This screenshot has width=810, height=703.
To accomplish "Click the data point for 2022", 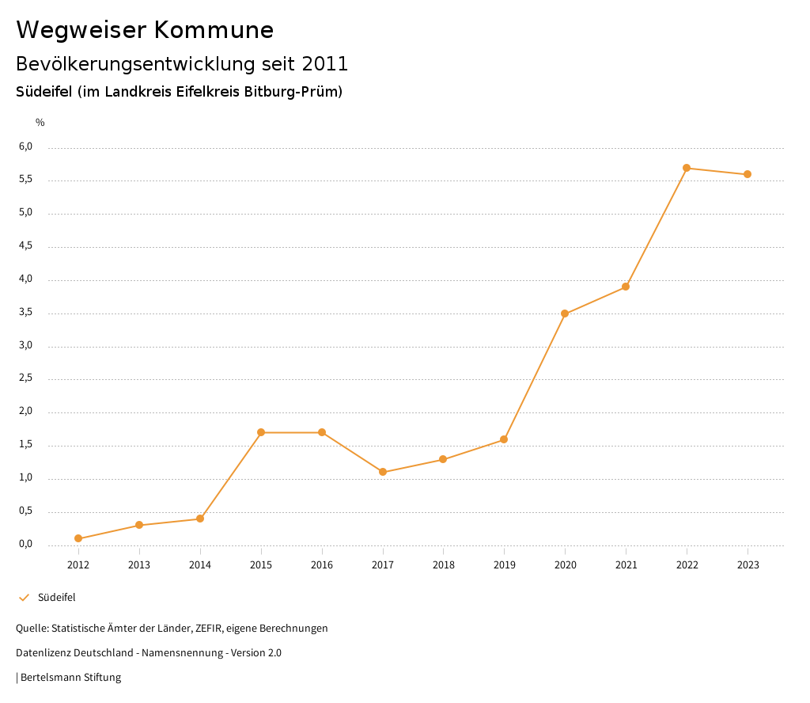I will [x=687, y=168].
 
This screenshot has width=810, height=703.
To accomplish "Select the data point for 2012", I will [x=78, y=538].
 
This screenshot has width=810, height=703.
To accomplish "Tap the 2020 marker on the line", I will [x=565, y=313].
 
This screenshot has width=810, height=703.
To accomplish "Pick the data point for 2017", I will [x=383, y=472].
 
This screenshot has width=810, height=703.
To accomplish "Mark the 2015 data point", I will [x=261, y=432].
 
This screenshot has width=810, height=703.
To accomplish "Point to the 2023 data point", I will [x=748, y=174].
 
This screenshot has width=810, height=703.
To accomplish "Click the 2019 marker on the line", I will [x=504, y=439].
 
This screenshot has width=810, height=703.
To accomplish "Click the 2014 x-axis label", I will [x=200, y=564].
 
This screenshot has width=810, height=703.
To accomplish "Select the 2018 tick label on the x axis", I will [x=443, y=564].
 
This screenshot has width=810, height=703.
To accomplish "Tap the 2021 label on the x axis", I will [x=626, y=564].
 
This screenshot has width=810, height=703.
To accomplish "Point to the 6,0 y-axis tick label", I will [x=25, y=146].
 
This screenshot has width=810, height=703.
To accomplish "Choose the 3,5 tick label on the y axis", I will [x=25, y=313].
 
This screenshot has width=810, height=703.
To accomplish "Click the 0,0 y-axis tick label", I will [x=25, y=544].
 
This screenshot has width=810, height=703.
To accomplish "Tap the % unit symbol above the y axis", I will [x=40, y=123].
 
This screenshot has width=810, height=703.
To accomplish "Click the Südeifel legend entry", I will [x=56, y=597].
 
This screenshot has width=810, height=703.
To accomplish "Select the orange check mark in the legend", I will [x=24, y=597].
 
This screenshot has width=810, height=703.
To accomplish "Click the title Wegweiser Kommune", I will [x=145, y=29].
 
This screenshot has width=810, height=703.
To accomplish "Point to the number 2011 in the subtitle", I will [x=324, y=63].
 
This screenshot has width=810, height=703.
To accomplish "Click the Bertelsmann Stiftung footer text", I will [x=70, y=677].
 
